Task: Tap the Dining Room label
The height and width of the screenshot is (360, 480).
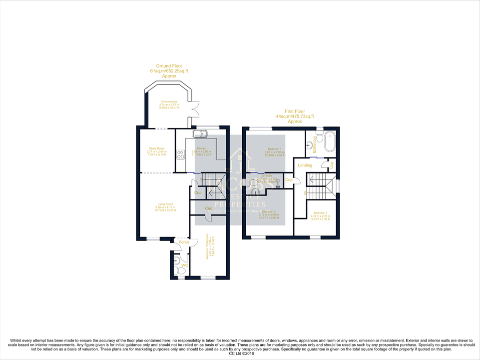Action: click(x=156, y=148)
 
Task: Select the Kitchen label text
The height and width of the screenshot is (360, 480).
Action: click(x=201, y=148)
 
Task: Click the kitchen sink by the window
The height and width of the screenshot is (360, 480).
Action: click(x=201, y=133)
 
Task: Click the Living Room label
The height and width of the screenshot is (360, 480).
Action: click(x=165, y=204)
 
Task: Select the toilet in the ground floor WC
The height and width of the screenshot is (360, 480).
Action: click(x=180, y=270)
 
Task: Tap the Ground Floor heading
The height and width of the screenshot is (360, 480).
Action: click(x=169, y=65)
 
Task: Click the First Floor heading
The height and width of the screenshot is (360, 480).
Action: click(x=295, y=111)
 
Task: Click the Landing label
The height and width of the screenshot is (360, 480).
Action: click(x=305, y=165)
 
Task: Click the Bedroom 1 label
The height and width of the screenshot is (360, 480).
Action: click(x=274, y=149)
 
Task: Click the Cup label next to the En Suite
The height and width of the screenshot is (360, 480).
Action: click(x=289, y=179)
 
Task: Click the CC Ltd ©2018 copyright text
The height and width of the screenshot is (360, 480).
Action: click(x=240, y=354)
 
